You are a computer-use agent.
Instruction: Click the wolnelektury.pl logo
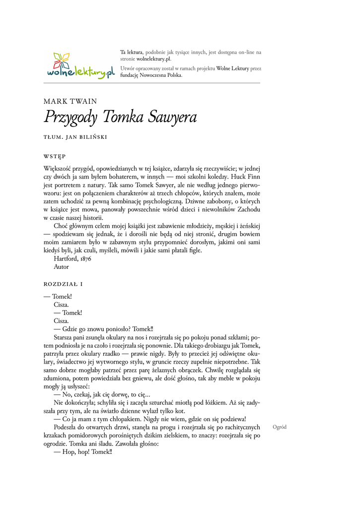(x=79, y=65)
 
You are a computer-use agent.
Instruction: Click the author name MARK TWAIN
(x=70, y=101)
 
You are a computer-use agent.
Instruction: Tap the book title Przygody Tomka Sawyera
(x=121, y=118)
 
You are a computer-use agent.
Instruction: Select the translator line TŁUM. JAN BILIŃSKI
(x=75, y=136)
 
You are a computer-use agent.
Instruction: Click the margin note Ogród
(x=280, y=427)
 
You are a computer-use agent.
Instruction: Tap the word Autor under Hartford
(x=62, y=266)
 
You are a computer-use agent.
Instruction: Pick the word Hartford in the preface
(x=65, y=258)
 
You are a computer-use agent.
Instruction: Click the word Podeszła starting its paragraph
(x=67, y=427)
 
